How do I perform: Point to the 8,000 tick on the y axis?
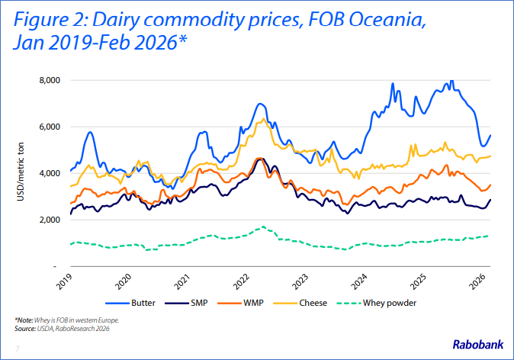pyautogui.click(x=49, y=80)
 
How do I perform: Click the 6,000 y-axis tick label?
pyautogui.click(x=49, y=127)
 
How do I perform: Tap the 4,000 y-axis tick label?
pyautogui.click(x=49, y=173)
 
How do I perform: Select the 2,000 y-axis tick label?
pyautogui.click(x=49, y=220)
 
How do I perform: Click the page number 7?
pyautogui.click(x=17, y=349)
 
